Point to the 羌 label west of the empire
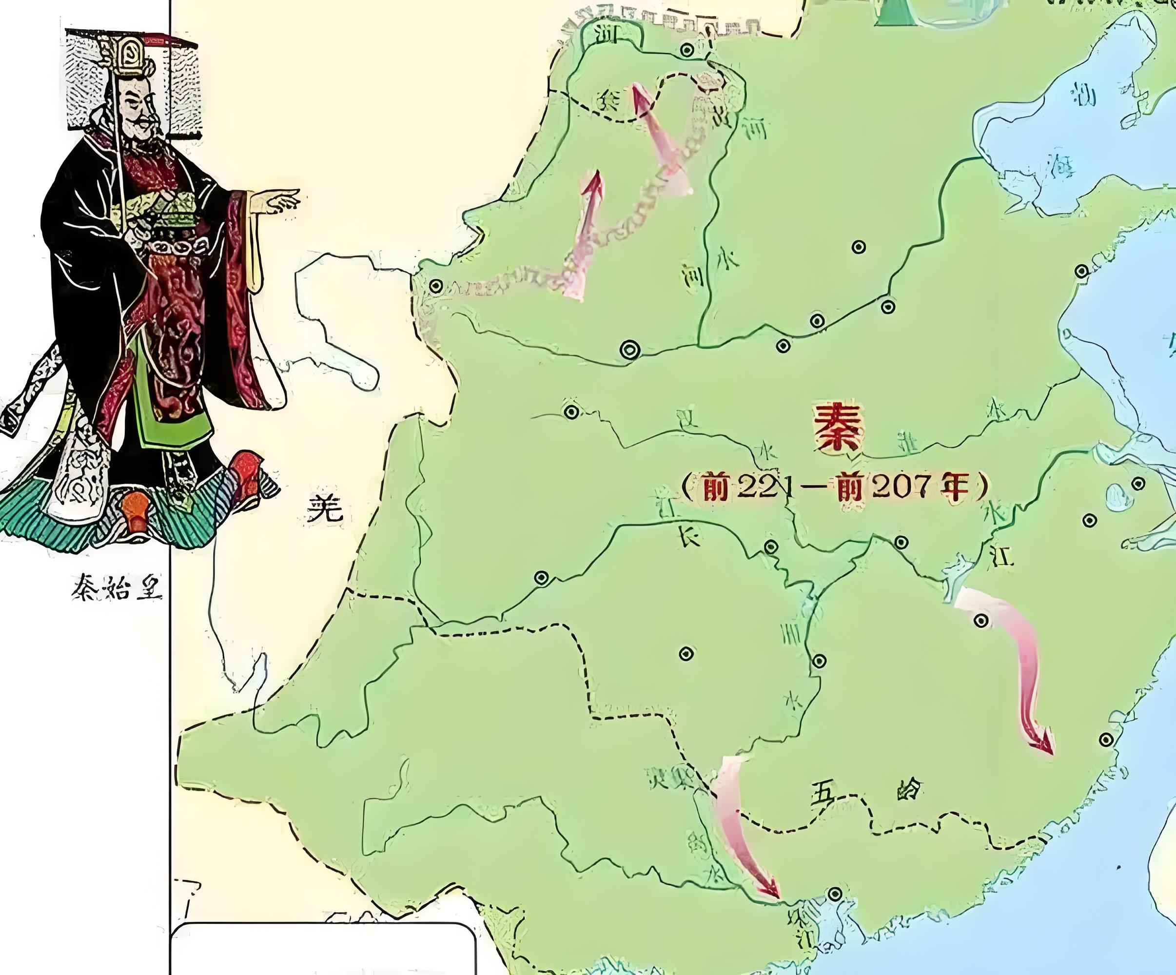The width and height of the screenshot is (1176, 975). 325,509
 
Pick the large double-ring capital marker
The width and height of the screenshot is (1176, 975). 630,350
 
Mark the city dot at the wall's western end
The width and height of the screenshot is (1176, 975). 436,287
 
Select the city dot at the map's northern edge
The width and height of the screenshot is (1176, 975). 687,50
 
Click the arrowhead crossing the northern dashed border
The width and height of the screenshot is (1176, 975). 637,93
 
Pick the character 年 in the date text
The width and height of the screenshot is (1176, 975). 955,487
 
